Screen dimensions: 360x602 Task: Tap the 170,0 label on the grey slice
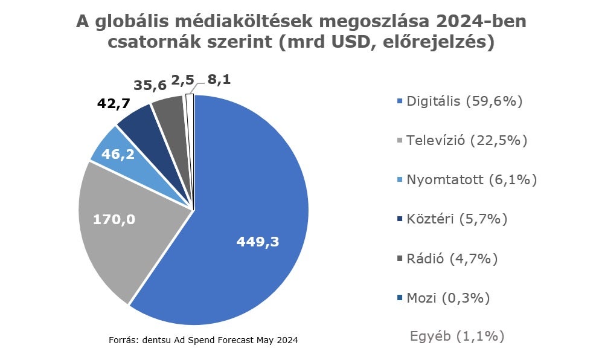[114, 219]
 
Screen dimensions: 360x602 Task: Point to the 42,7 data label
[115, 103]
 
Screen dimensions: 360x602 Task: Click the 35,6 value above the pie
[150, 85]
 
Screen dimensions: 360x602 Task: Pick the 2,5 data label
[183, 80]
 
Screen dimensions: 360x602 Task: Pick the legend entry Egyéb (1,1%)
[457, 336]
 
